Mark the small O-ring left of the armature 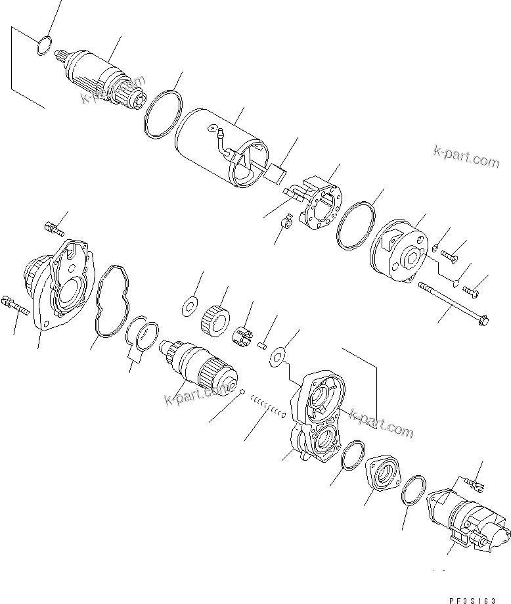[43, 46]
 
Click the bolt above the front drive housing [53, 228]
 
